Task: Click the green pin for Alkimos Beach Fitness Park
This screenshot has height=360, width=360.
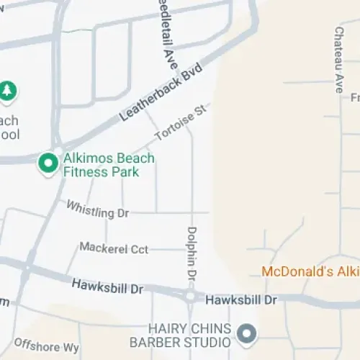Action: click(x=48, y=163)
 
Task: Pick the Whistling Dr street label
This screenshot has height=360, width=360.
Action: click(x=97, y=212)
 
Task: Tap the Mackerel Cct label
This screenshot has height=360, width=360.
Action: click(x=114, y=248)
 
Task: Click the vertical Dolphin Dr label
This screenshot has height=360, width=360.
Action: click(x=192, y=253)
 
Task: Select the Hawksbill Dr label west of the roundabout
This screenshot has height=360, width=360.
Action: click(x=108, y=287)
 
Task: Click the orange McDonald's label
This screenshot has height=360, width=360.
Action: click(x=310, y=271)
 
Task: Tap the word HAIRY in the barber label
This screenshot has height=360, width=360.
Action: click(x=166, y=328)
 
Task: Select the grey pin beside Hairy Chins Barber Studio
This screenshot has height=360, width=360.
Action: click(x=247, y=333)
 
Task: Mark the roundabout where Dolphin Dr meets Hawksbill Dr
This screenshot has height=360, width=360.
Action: click(x=190, y=296)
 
